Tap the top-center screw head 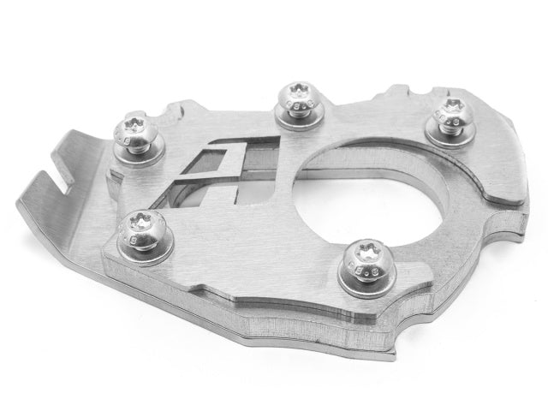click(299, 95)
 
